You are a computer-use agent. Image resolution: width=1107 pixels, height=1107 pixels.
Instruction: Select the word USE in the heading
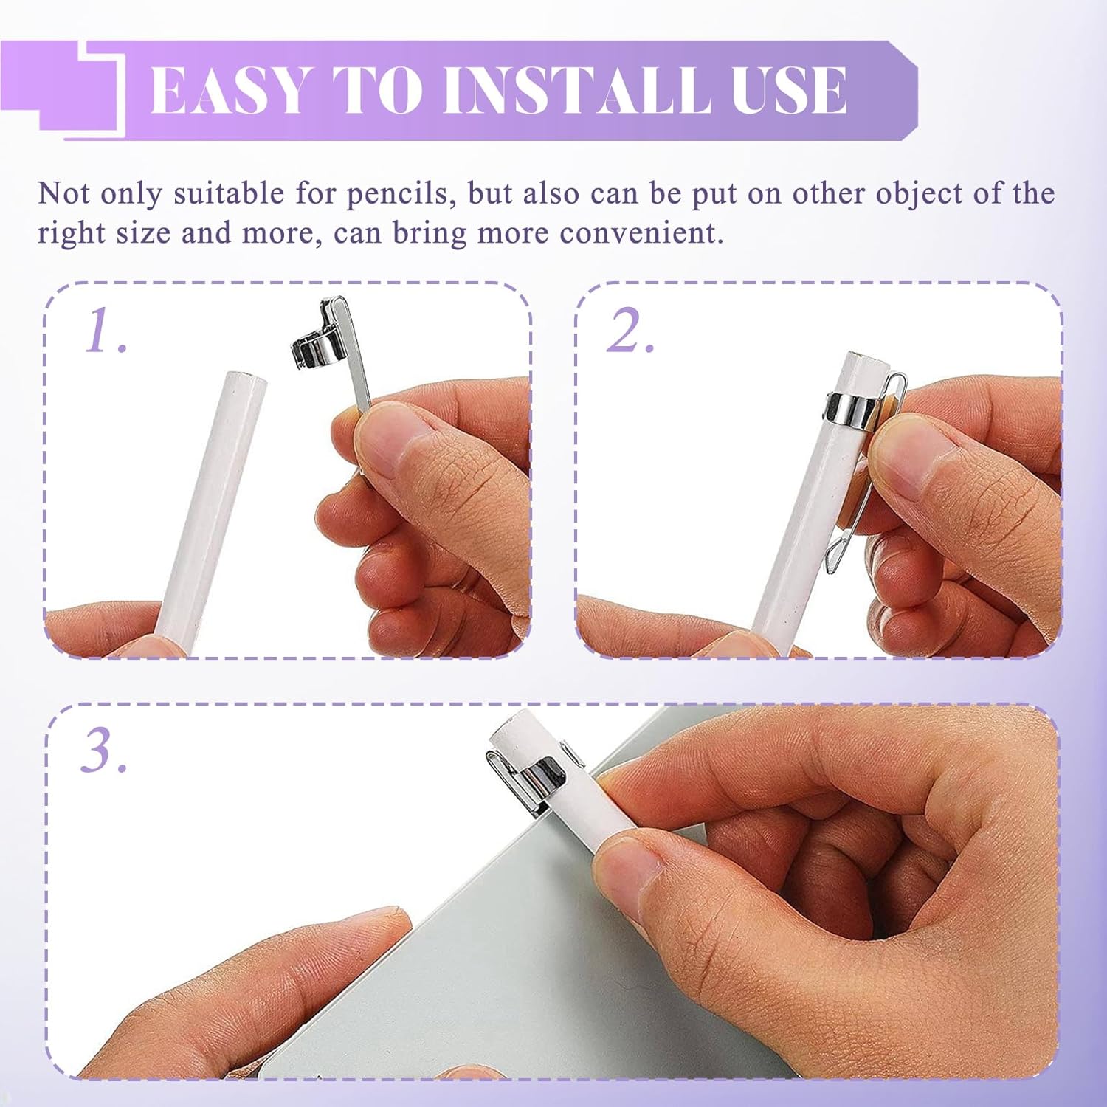[x=789, y=90]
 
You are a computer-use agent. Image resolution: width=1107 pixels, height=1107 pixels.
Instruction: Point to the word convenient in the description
[x=638, y=233]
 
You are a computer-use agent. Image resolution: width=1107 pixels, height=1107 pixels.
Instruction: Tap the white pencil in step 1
[x=210, y=509]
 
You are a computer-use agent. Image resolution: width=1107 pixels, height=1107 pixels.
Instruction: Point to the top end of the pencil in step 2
[x=869, y=362]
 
